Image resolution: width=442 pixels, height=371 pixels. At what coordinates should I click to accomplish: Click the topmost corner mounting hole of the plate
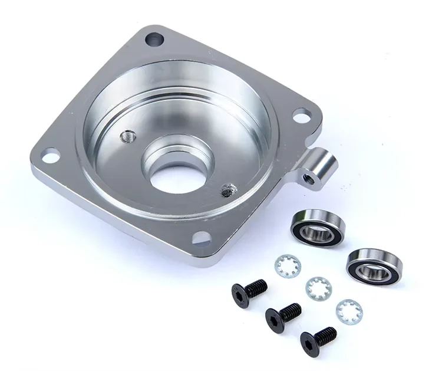pos(155,41)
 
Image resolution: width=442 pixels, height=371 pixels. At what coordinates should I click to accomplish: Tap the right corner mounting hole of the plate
pos(302,115)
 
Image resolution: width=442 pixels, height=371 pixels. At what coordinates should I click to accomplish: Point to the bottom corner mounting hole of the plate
pos(202,238)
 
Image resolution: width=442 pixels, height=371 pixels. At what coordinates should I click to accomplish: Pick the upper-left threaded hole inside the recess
pos(127,137)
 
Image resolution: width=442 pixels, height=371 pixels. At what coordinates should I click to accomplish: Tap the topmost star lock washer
pos(287,265)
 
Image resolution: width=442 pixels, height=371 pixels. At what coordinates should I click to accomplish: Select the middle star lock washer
pos(318,288)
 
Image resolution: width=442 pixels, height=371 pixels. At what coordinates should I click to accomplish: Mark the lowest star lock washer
pos(349,311)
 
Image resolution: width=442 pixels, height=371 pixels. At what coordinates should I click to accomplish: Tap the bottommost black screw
pos(318,339)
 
